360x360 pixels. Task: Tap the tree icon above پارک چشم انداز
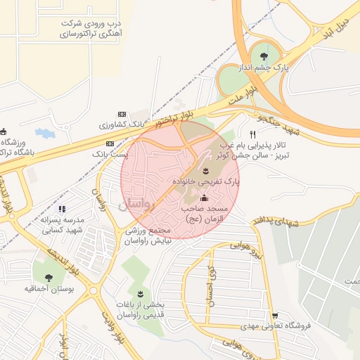pyautogui.click(x=264, y=56)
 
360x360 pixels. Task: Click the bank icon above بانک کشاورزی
pyautogui.click(x=122, y=114)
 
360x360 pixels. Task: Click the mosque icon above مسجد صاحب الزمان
pyautogui.click(x=205, y=198)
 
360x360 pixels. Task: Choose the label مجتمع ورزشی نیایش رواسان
pyautogui.click(x=148, y=236)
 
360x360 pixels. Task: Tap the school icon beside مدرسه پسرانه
pyautogui.click(x=62, y=209)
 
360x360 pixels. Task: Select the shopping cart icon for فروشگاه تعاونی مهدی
pyautogui.click(x=275, y=315)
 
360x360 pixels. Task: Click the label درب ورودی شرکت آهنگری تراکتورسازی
pyautogui.click(x=91, y=27)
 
